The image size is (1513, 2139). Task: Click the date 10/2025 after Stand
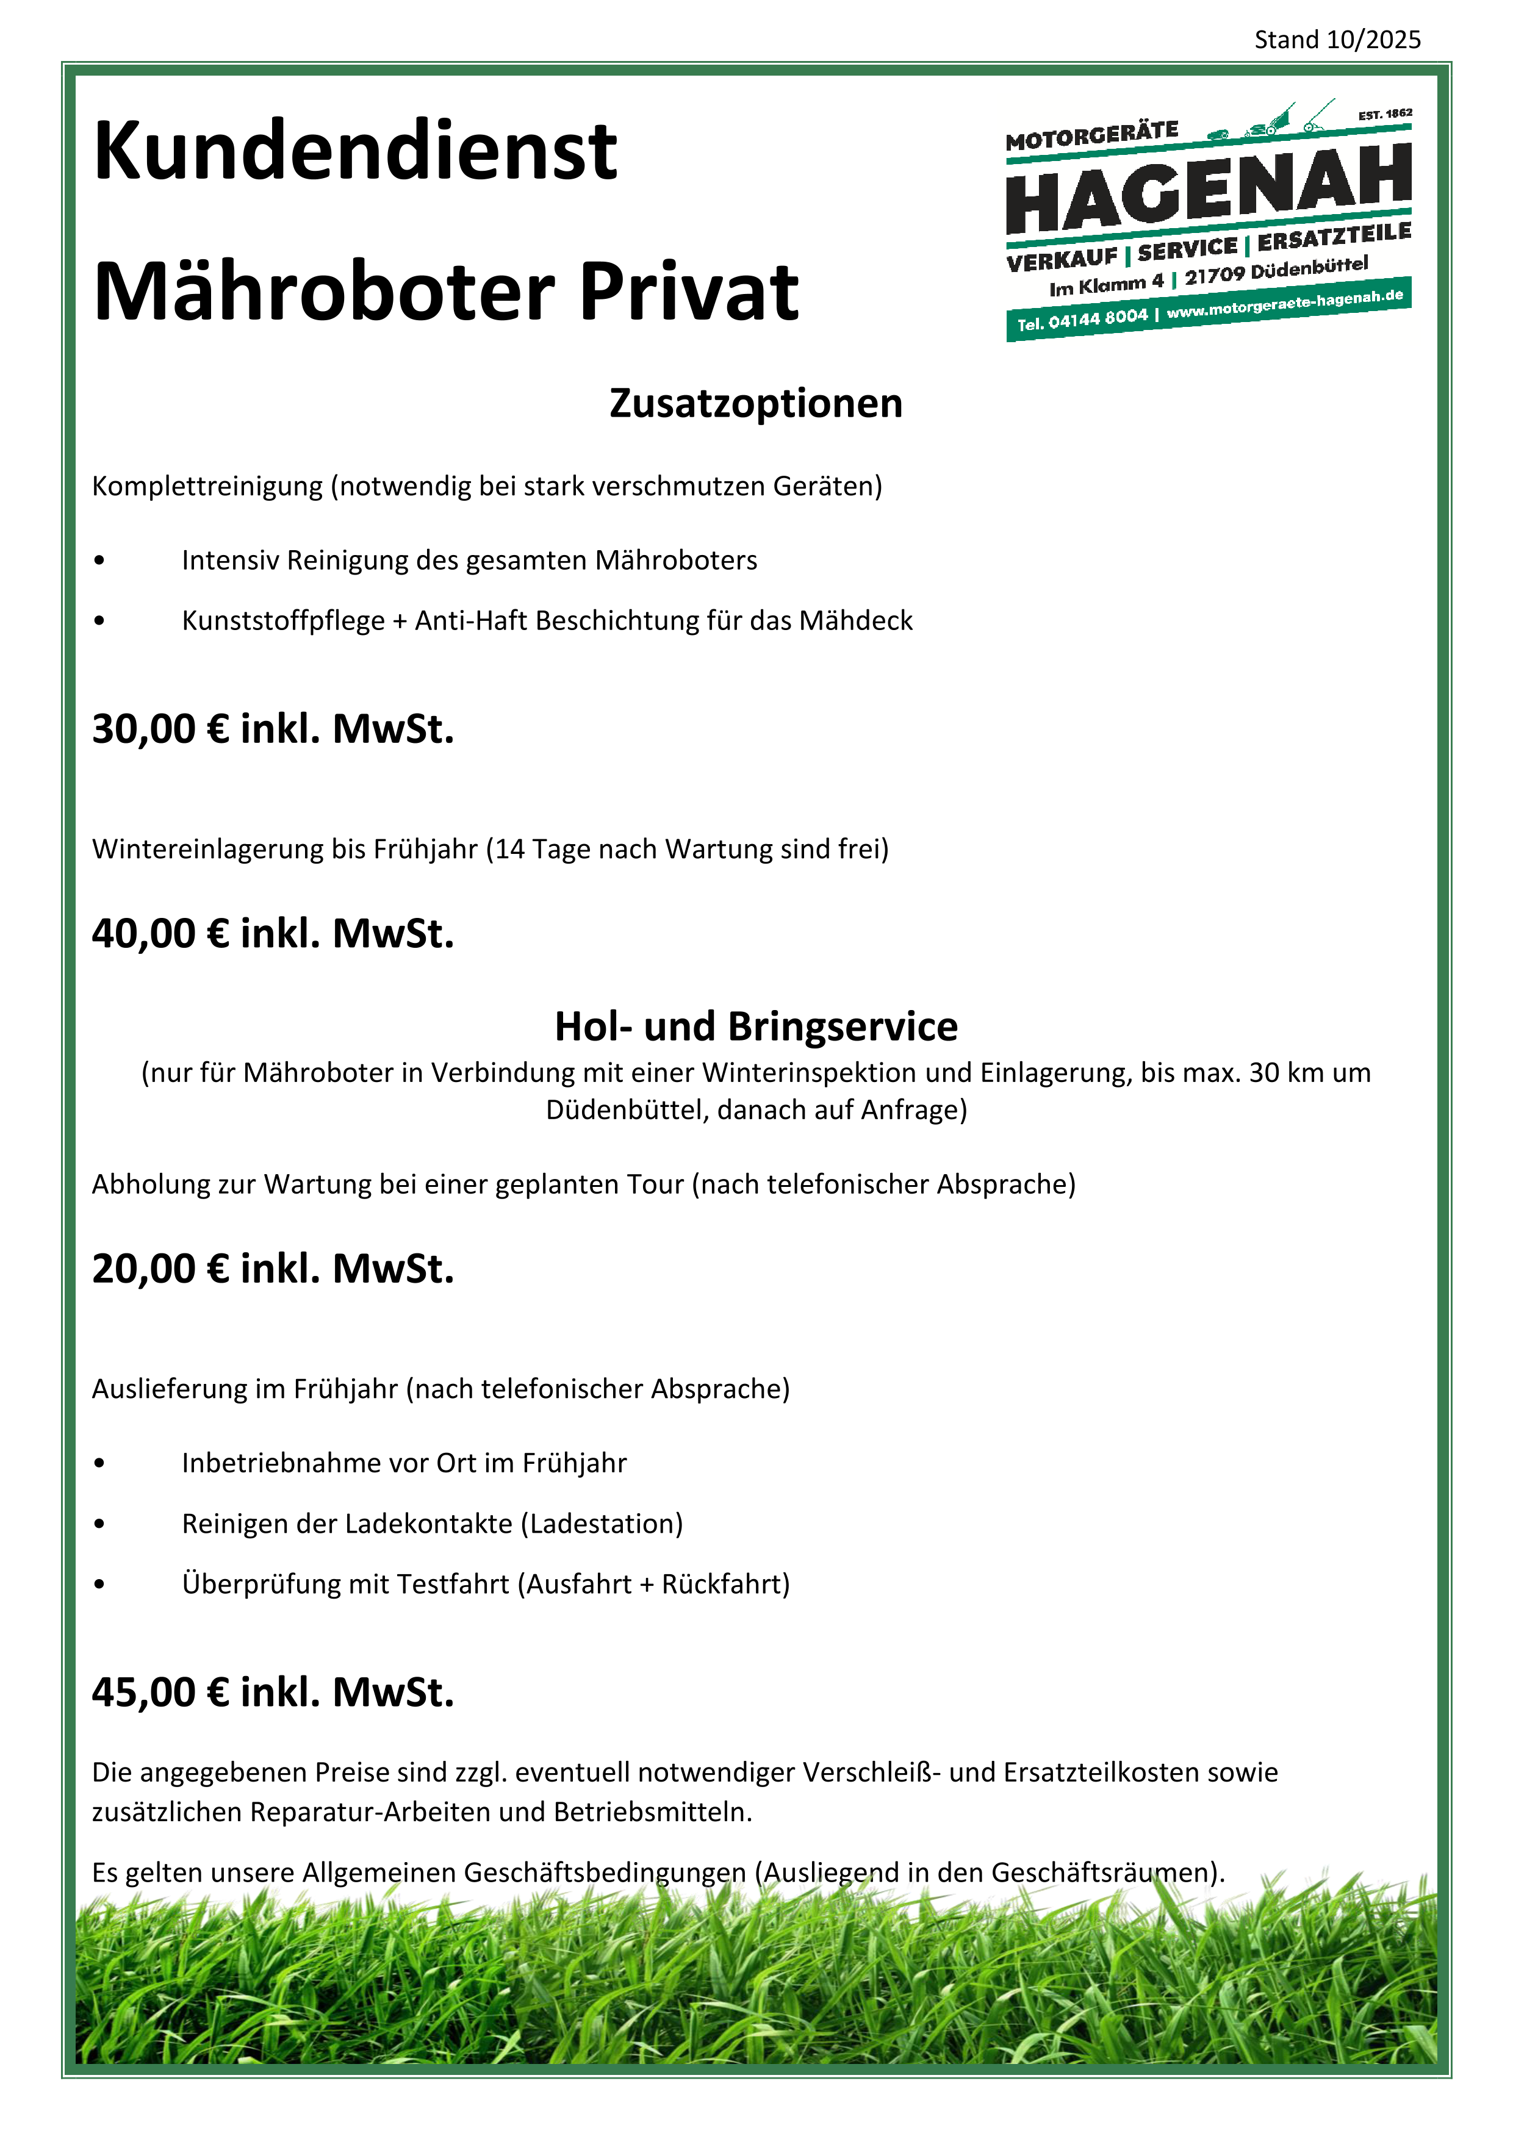(x=1373, y=40)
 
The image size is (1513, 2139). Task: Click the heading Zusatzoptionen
(x=755, y=403)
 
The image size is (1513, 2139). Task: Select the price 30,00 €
(x=160, y=728)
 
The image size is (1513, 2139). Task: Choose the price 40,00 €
(x=160, y=933)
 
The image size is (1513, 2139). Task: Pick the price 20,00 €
(x=160, y=1269)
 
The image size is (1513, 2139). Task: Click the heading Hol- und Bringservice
(x=755, y=1027)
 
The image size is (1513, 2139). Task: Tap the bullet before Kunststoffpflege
(x=99, y=622)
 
